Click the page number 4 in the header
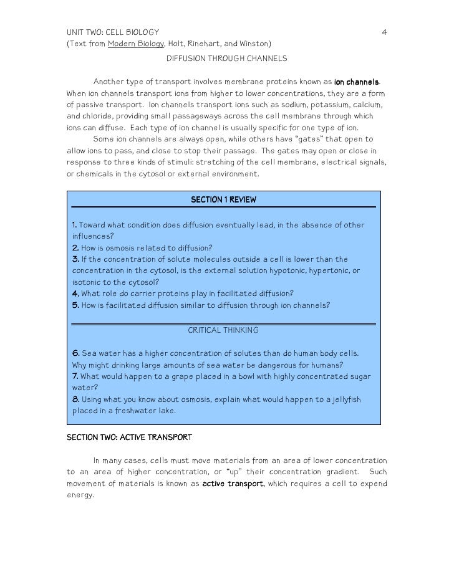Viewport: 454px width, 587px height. (x=384, y=32)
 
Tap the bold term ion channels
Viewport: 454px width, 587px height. (x=356, y=82)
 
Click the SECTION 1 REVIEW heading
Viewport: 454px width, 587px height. (x=223, y=200)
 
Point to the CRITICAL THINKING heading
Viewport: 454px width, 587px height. (x=223, y=330)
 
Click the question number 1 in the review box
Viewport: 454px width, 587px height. (x=75, y=225)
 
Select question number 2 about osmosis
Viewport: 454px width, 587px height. (x=75, y=247)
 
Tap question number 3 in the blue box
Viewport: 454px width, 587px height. (x=75, y=259)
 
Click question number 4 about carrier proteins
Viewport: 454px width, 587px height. (x=75, y=293)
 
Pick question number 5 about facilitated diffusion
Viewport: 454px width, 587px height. (x=75, y=305)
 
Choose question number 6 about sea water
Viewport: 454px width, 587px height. (x=75, y=353)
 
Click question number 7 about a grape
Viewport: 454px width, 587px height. (x=75, y=376)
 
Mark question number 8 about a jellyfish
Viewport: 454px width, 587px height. (x=75, y=399)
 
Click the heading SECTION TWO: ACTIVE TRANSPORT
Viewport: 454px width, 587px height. (x=129, y=437)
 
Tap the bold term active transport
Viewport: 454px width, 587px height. (x=233, y=484)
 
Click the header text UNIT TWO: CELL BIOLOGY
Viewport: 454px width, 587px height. (x=113, y=32)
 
